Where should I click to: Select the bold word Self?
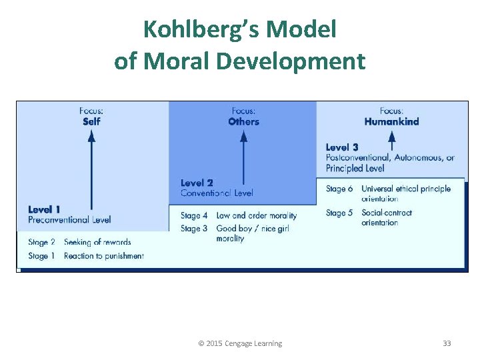[92, 121]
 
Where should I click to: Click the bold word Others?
[243, 121]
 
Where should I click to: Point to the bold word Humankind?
[391, 121]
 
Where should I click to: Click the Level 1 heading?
[44, 209]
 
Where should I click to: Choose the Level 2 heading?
[197, 183]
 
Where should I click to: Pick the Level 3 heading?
[342, 147]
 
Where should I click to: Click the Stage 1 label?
[41, 256]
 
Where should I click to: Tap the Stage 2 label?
[41, 242]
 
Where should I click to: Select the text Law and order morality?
[257, 215]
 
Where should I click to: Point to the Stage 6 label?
[339, 189]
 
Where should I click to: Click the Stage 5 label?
[339, 213]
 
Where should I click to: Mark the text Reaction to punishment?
[104, 256]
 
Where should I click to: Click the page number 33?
[447, 343]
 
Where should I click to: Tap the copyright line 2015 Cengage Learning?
[240, 343]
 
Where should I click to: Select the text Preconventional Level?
[69, 219]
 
